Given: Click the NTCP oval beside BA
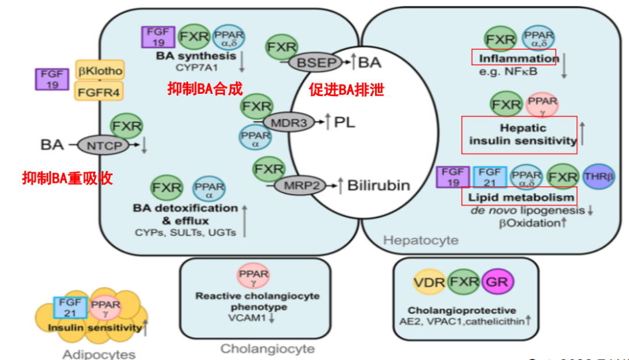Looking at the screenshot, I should (102, 146).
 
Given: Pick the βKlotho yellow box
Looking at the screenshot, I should (100, 71).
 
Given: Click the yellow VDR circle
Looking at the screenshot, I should (430, 283).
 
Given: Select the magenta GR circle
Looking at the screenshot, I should (499, 283).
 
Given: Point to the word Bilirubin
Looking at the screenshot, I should (379, 186).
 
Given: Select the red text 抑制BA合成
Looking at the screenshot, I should (204, 89).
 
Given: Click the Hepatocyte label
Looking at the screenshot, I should (421, 240).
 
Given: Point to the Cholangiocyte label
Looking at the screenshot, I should (267, 349).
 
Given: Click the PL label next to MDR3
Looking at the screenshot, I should (344, 122).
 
